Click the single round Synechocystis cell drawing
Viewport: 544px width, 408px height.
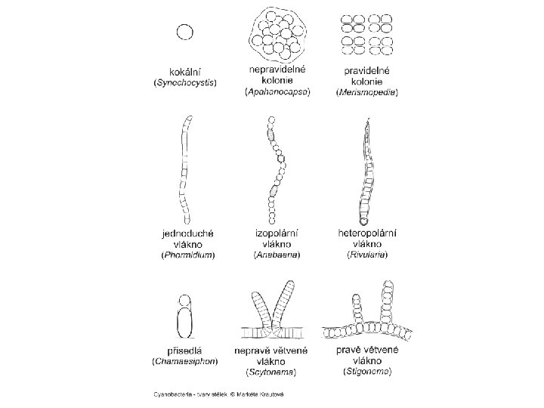pos(185,32)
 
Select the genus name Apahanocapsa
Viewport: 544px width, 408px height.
pos(277,91)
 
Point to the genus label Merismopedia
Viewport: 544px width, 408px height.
pos(367,92)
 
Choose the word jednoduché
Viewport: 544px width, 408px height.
pos(187,233)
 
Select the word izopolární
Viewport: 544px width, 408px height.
pos(277,233)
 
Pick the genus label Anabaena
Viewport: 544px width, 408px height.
pos(277,255)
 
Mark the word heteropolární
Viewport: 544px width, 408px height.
pos(368,233)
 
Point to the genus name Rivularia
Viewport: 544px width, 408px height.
pos(368,255)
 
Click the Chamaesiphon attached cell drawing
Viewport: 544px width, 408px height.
pos(184,317)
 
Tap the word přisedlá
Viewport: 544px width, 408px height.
pos(185,351)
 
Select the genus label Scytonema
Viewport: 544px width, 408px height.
pos(271,372)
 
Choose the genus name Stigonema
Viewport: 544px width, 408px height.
pos(368,372)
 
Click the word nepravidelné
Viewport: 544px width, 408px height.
pos(277,70)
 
